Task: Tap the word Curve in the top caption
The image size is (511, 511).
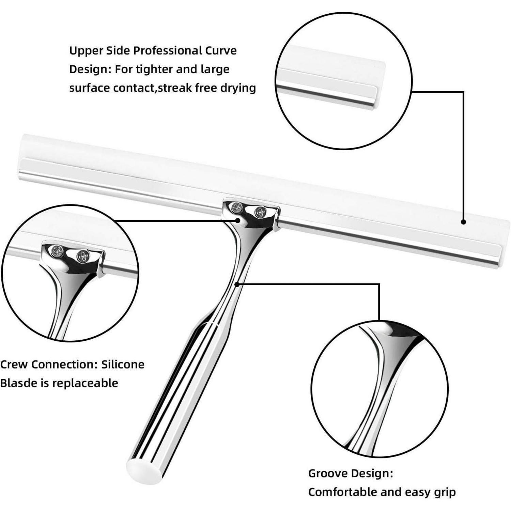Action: [x=221, y=50]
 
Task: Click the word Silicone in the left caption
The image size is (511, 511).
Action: [x=123, y=365]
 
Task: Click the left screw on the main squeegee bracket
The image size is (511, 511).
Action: [x=235, y=206]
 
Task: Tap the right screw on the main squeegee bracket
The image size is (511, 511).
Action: [x=260, y=212]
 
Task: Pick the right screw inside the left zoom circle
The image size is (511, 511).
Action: [x=82, y=256]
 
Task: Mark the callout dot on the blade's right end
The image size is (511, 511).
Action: [x=463, y=222]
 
